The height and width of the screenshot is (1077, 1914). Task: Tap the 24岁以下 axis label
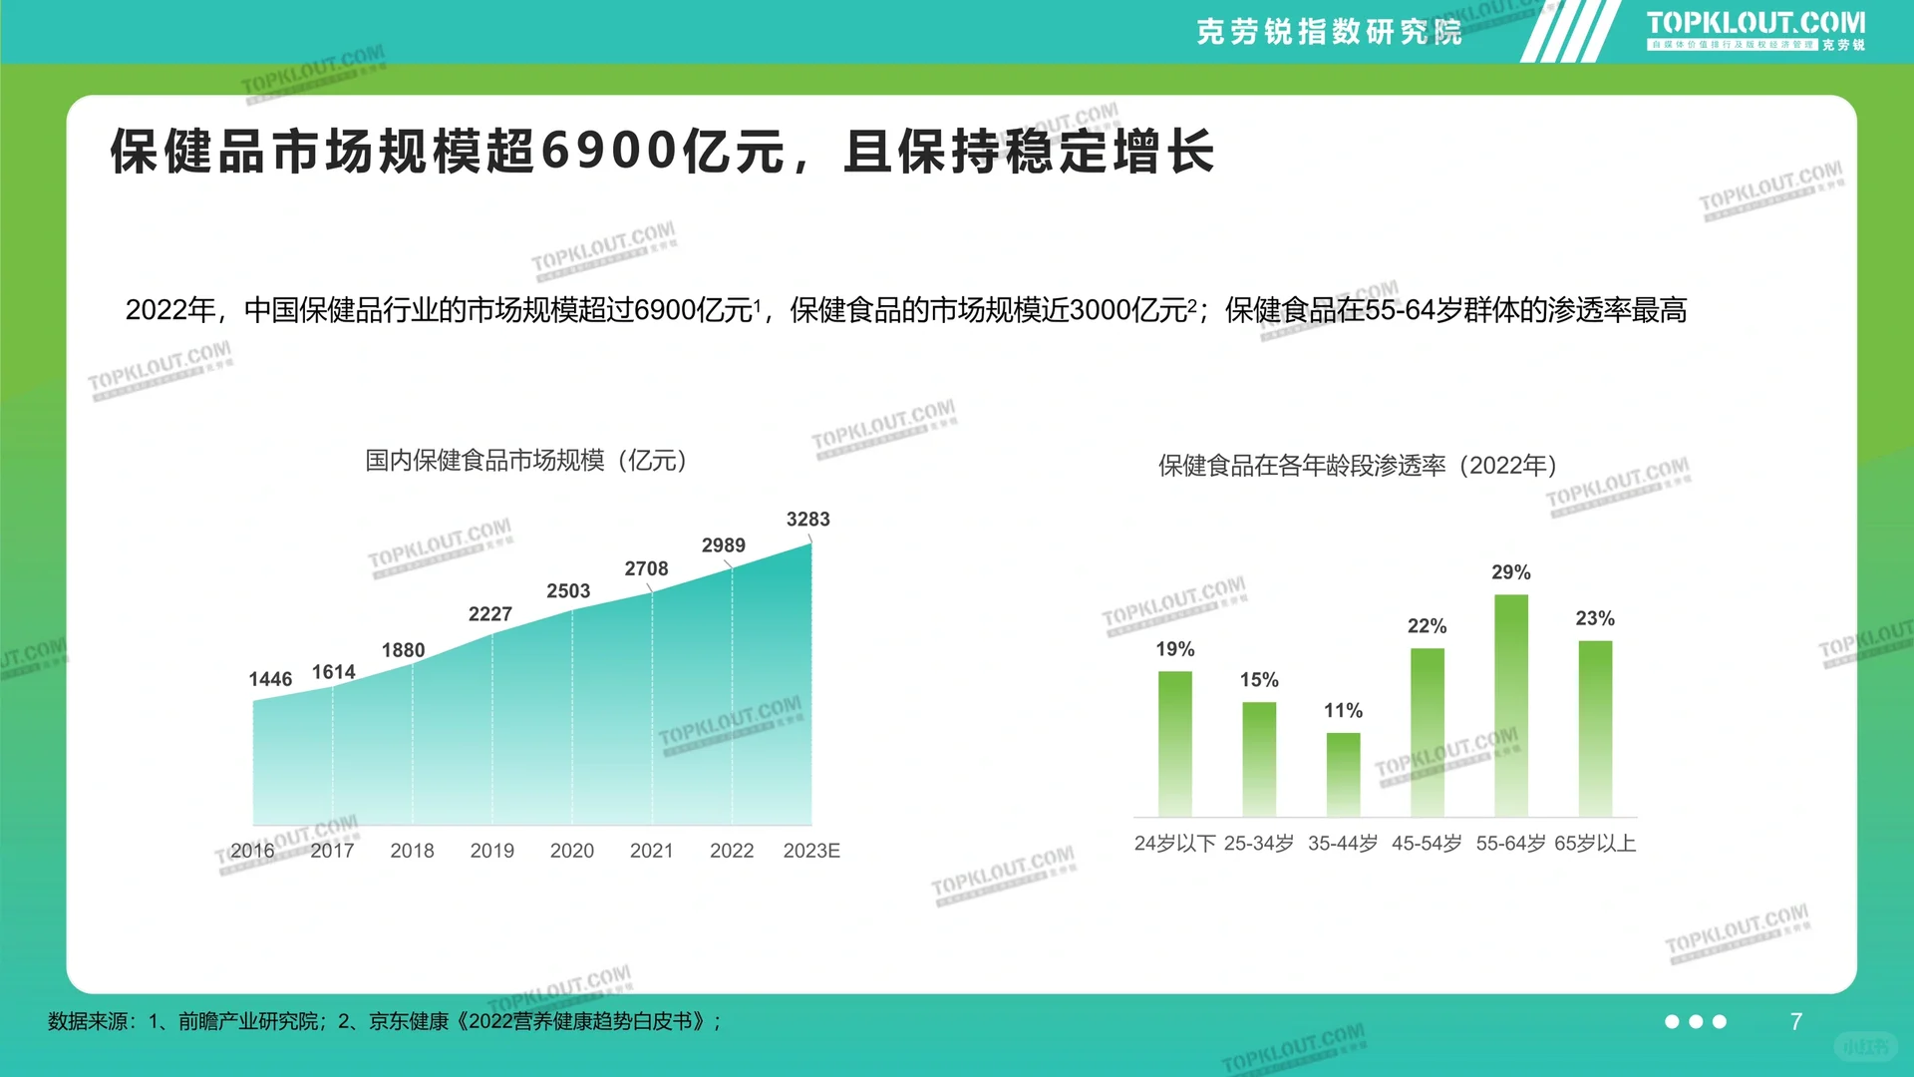tap(1174, 844)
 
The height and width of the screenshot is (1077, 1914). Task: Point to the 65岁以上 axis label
tap(1595, 844)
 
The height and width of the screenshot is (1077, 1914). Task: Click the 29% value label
tap(1510, 572)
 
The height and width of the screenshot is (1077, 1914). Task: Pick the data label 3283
tap(807, 520)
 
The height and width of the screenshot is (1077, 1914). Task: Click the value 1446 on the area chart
tap(270, 679)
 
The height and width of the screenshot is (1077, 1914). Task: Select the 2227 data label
tap(490, 614)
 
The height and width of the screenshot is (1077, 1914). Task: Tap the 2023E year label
tap(811, 851)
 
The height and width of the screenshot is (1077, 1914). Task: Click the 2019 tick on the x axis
tap(491, 851)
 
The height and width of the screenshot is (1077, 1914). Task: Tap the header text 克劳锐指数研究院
tap(1329, 32)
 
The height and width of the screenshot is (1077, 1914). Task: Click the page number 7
tap(1795, 1022)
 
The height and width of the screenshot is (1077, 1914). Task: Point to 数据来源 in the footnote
tap(88, 1022)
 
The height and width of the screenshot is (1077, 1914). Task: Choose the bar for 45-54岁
tap(1427, 732)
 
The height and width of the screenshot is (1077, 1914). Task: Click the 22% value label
tap(1427, 626)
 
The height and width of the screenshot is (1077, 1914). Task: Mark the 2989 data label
tap(723, 545)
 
